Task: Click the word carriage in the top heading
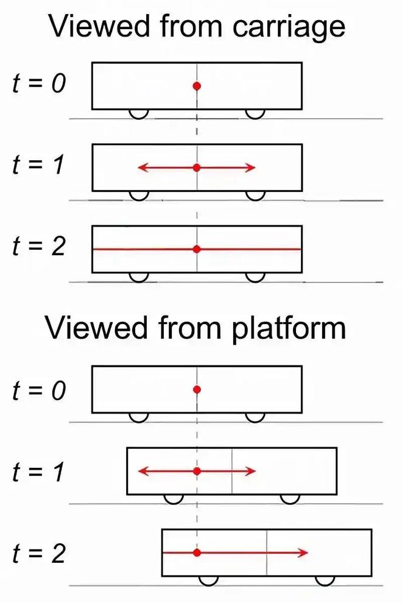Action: pyautogui.click(x=289, y=27)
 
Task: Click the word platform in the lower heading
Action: pyautogui.click(x=289, y=329)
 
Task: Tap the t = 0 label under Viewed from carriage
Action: pyautogui.click(x=39, y=83)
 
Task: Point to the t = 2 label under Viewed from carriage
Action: pyautogui.click(x=39, y=247)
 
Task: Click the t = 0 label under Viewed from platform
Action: pyautogui.click(x=39, y=390)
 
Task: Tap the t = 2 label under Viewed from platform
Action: pyautogui.click(x=39, y=554)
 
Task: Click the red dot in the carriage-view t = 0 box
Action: pyautogui.click(x=197, y=86)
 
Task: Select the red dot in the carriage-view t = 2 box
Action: pyautogui.click(x=197, y=249)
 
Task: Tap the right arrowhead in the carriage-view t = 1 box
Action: pyautogui.click(x=251, y=167)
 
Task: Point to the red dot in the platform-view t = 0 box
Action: pyautogui.click(x=197, y=390)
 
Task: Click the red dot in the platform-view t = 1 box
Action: pyautogui.click(x=197, y=471)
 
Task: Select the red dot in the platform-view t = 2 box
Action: pyautogui.click(x=197, y=552)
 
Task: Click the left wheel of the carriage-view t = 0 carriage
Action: pyautogui.click(x=138, y=115)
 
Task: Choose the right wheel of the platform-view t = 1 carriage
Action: pyautogui.click(x=290, y=499)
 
